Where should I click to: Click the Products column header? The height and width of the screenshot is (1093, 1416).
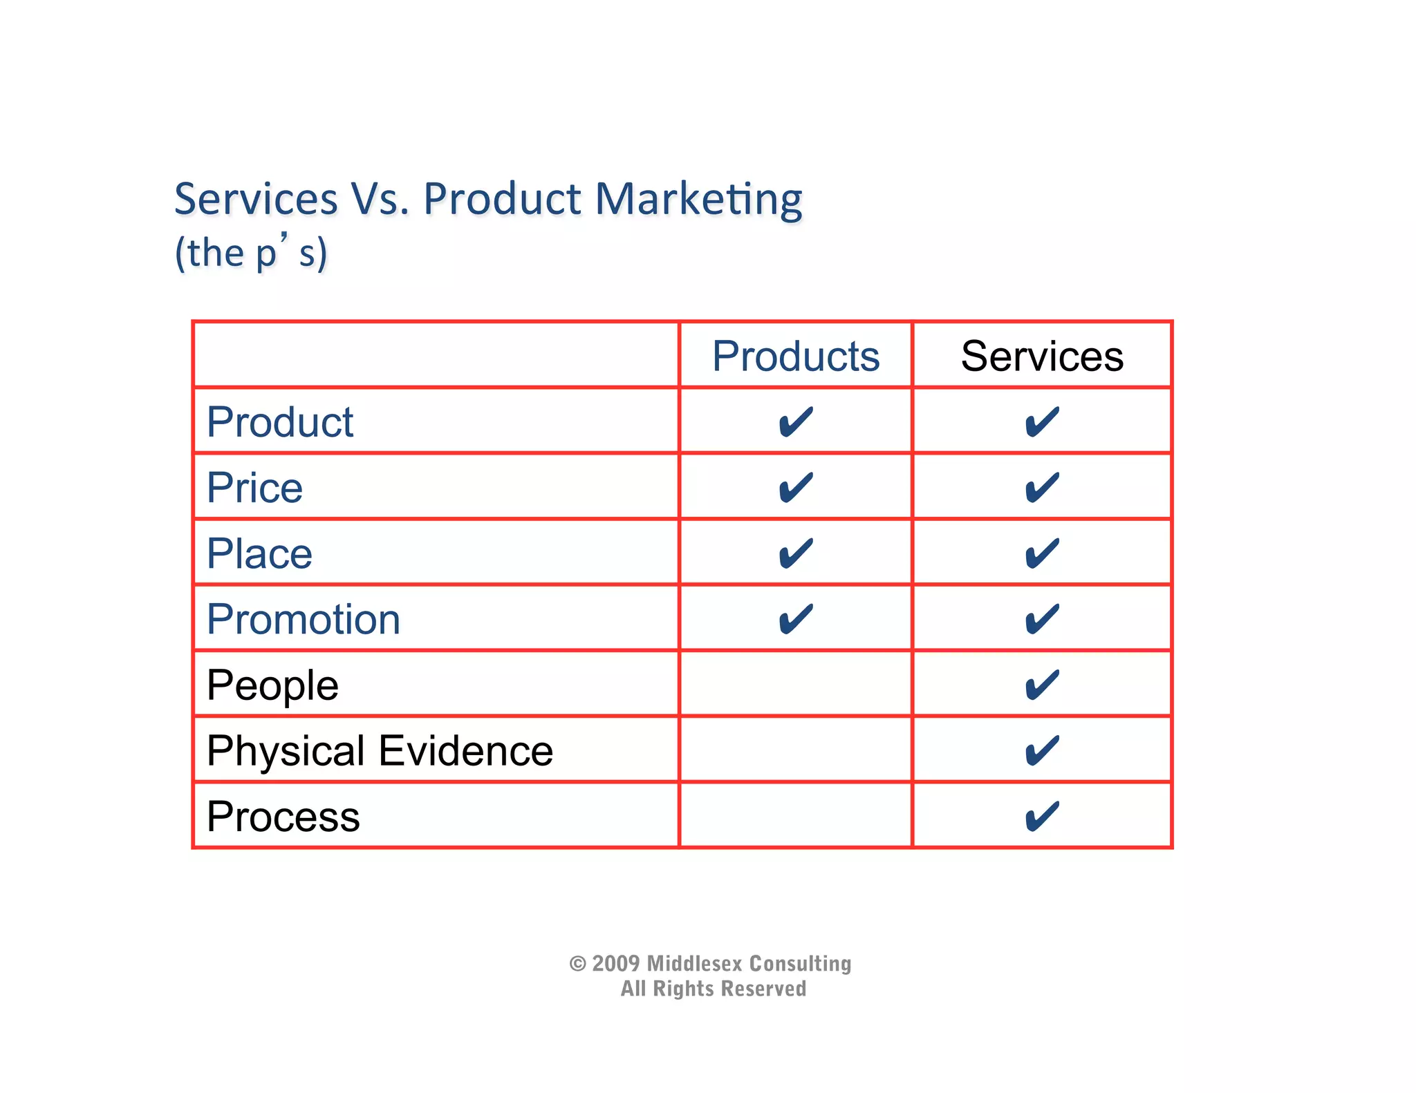(x=795, y=357)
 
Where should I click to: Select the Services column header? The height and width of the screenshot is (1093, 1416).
(x=1042, y=357)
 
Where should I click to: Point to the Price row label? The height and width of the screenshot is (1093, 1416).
(x=254, y=488)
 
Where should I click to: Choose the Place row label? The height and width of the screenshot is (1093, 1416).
(x=259, y=553)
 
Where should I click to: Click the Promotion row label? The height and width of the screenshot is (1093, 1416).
(x=304, y=619)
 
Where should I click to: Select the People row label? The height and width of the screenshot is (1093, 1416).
(x=272, y=685)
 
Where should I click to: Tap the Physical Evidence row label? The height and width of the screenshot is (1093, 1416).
(x=380, y=751)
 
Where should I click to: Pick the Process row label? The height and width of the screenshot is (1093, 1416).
(x=283, y=817)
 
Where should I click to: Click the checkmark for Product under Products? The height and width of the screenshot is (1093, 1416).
(x=795, y=422)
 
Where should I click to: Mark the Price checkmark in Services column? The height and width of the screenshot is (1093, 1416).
(x=1042, y=488)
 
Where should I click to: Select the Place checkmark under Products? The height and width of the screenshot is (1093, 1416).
(x=795, y=553)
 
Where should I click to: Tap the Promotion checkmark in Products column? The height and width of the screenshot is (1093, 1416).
(x=795, y=619)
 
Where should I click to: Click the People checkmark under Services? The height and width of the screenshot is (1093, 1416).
(x=1042, y=685)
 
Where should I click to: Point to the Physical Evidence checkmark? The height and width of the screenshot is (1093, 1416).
(x=1042, y=751)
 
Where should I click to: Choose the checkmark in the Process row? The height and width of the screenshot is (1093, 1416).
(x=1042, y=817)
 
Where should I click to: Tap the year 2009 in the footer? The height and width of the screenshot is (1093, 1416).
(x=615, y=963)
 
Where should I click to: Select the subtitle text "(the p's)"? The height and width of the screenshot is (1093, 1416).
(x=251, y=253)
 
